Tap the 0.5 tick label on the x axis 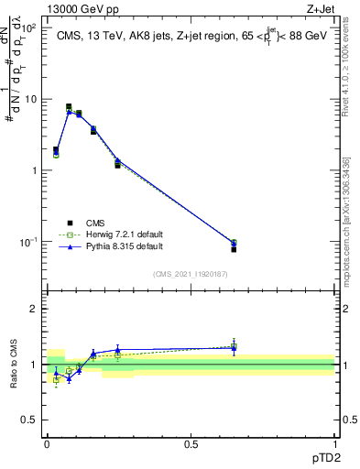191,443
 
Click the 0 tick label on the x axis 47,443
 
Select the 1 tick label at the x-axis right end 335,443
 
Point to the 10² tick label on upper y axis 30,27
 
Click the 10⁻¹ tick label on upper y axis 30,242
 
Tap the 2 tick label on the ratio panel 33,309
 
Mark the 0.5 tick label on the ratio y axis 29,420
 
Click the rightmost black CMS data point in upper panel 234,249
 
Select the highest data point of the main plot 69,107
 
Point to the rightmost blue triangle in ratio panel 234,348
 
